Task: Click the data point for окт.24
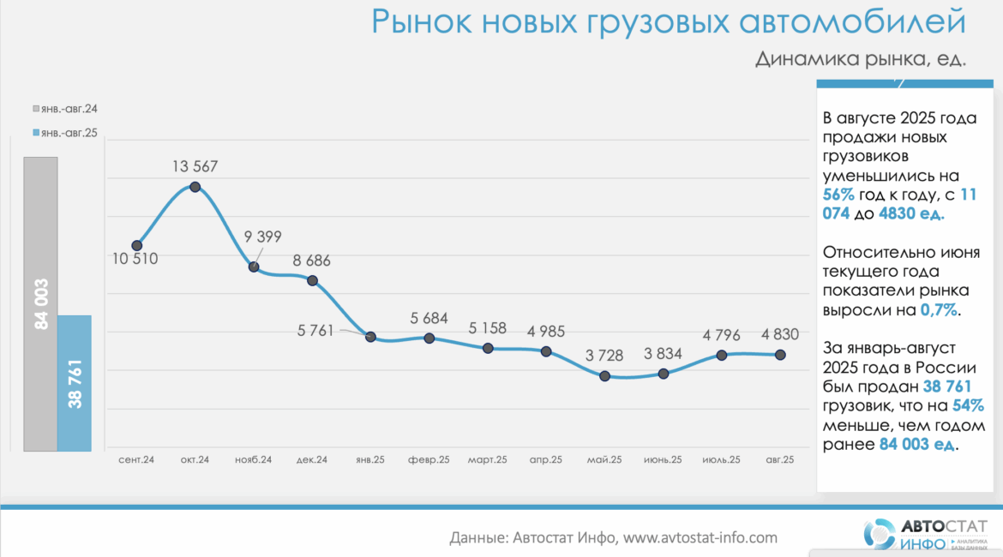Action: [x=195, y=187]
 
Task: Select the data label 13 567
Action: [x=195, y=166]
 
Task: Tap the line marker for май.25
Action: [x=605, y=376]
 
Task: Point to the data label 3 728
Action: [x=604, y=355]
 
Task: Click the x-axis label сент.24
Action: [x=136, y=460]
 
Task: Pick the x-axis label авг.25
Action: [x=779, y=460]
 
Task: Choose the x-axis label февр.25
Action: [x=429, y=460]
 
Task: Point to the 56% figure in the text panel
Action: [x=838, y=195]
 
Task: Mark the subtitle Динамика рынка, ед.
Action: [x=860, y=59]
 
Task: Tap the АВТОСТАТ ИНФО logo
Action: [x=925, y=533]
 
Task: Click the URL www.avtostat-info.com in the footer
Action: [x=700, y=538]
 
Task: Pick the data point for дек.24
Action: [x=312, y=280]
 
